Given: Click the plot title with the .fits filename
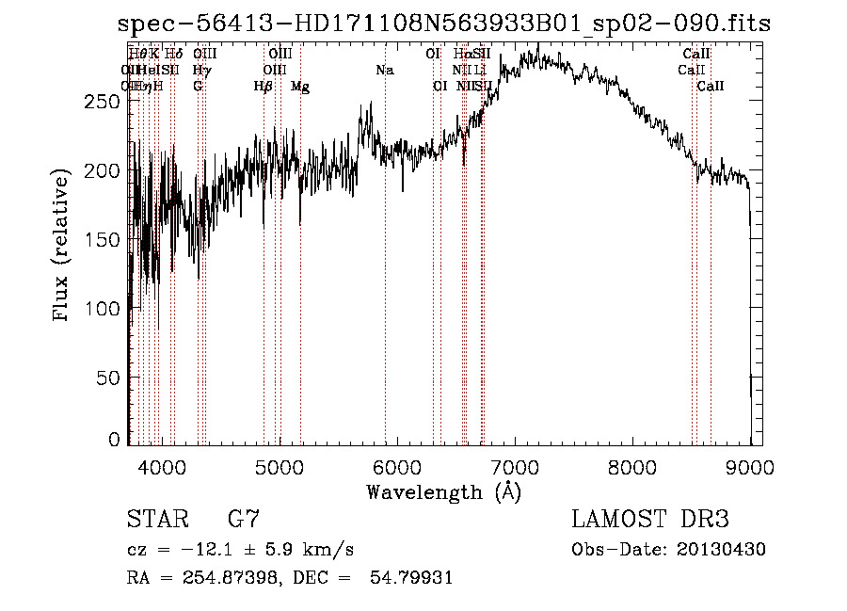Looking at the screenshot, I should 441,24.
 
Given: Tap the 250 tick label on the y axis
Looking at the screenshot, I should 104,102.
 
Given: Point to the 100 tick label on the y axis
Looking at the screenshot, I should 104,309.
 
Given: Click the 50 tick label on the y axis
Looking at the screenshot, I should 110,378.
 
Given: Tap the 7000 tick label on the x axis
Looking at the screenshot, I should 515,466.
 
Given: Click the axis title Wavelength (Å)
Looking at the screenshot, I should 443,491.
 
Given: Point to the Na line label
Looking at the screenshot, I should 384,71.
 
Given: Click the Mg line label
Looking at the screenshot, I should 300,87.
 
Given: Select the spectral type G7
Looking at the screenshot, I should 244,519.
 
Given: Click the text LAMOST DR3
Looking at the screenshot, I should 650,519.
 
